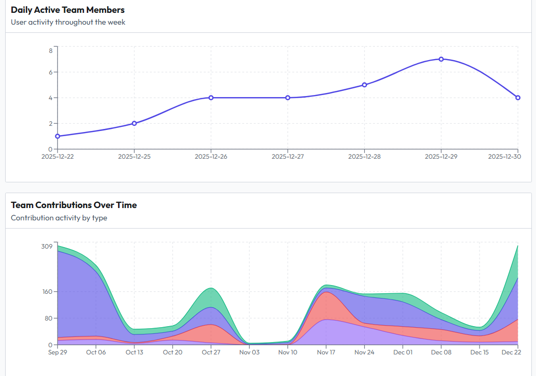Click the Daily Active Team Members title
coord(68,10)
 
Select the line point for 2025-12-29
coord(441,59)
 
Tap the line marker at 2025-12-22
coord(57,136)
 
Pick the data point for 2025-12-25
coord(134,123)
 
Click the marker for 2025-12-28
coord(364,85)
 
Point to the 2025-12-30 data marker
coord(518,98)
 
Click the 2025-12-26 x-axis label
coord(211,157)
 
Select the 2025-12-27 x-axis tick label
coord(288,157)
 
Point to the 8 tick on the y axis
coord(51,50)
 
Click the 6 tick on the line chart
coord(51,72)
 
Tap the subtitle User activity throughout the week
coord(68,22)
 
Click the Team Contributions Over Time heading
coord(74,205)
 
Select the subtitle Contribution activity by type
coord(59,218)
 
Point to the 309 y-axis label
coord(47,247)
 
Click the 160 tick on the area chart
coord(47,292)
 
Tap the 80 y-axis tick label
coord(49,318)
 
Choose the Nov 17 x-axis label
coord(326,352)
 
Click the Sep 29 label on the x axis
coord(57,352)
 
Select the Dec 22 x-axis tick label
coord(511,352)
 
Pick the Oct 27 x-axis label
coord(211,352)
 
